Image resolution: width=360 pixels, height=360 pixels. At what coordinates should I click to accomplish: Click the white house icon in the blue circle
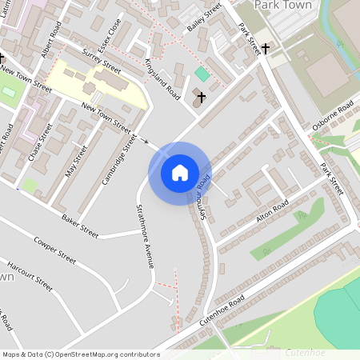(x=180, y=172)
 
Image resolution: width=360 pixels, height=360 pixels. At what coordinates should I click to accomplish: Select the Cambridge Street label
(x=118, y=159)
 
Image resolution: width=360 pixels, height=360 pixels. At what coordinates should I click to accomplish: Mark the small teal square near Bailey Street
(x=202, y=74)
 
